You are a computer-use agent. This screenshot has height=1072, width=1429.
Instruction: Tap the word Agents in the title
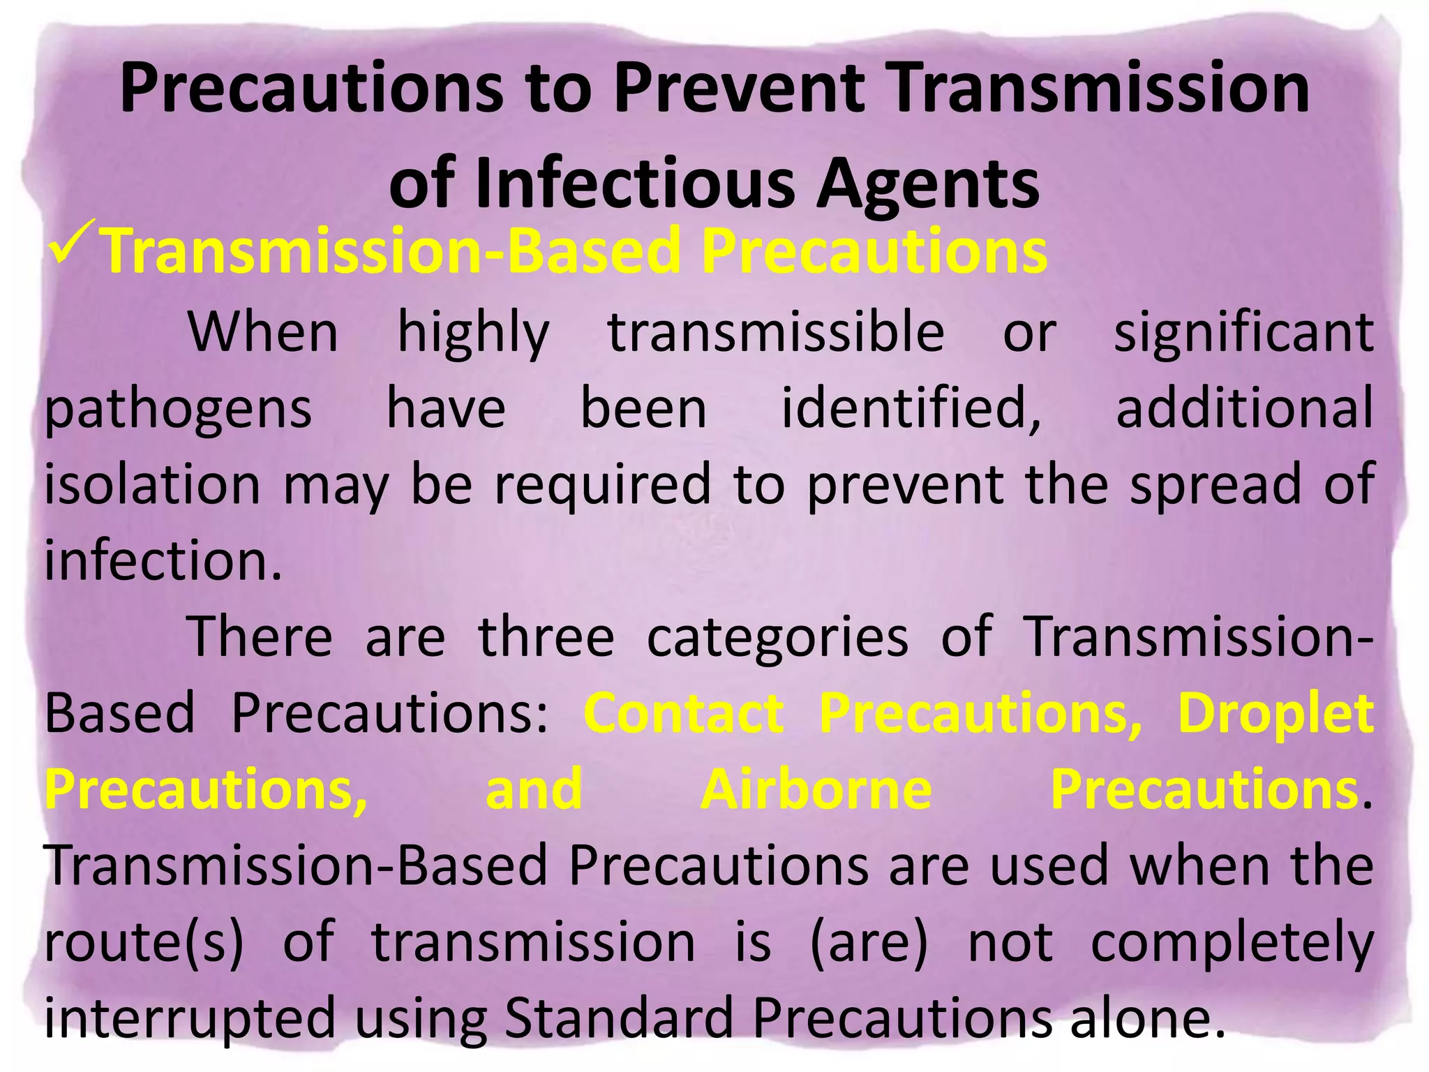[x=928, y=184]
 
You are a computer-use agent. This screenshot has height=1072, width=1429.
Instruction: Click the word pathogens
[x=178, y=409]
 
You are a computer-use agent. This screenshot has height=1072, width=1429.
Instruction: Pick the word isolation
[x=152, y=484]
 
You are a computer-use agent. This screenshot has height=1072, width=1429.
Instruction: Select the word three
[x=546, y=636]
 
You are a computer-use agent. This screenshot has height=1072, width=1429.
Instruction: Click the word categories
[x=777, y=636]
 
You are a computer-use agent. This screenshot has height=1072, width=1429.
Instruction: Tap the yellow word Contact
[x=684, y=713]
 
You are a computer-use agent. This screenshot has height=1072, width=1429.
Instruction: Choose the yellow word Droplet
[x=1275, y=713]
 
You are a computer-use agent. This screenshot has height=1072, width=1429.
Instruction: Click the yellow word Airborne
[x=816, y=789]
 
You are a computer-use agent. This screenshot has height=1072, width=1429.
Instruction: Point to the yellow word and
[x=534, y=789]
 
